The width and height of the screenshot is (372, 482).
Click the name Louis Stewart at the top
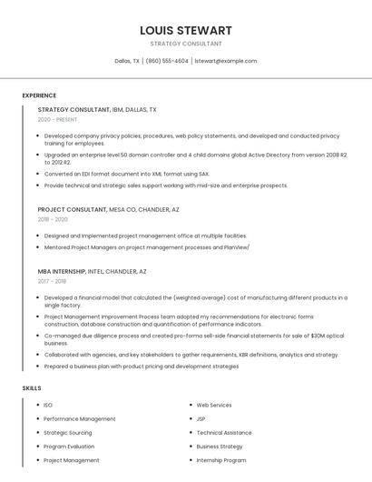click(x=186, y=30)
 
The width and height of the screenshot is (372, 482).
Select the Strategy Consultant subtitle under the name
click(x=186, y=44)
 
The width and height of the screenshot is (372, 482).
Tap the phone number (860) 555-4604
click(x=167, y=61)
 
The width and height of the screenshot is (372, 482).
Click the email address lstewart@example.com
click(x=226, y=61)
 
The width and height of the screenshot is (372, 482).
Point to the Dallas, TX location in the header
click(x=127, y=61)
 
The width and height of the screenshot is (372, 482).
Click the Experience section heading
click(x=39, y=95)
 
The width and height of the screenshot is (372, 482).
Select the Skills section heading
click(x=32, y=388)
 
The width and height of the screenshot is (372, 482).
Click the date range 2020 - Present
click(x=57, y=119)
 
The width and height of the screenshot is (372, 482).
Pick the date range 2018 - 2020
click(x=53, y=219)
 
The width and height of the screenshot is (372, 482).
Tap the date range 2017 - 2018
click(x=52, y=281)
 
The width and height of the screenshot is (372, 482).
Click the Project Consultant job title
click(x=73, y=209)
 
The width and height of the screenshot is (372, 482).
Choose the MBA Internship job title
click(x=62, y=271)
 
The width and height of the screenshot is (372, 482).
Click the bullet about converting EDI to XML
click(x=126, y=174)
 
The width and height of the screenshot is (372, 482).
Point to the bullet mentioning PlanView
click(x=146, y=246)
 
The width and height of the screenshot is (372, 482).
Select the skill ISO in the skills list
click(x=48, y=405)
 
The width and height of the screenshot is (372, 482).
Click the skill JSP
click(x=201, y=418)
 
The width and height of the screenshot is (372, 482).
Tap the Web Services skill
click(x=214, y=405)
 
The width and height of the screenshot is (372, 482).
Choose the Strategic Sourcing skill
click(x=68, y=433)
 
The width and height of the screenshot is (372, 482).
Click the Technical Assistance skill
click(x=224, y=433)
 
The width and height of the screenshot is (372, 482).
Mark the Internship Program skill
click(x=221, y=460)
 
